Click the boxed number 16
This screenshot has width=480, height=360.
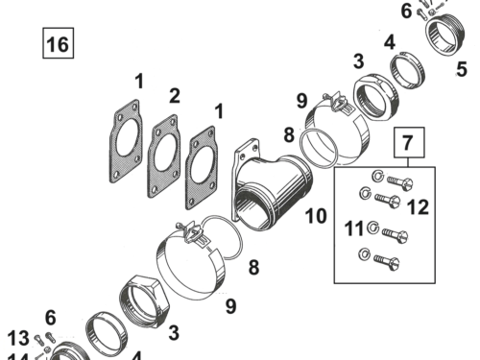(57, 44)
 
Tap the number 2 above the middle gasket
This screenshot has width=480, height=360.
(174, 95)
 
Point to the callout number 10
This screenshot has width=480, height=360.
(316, 216)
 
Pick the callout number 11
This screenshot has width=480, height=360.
(353, 229)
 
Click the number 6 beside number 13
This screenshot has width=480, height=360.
(50, 318)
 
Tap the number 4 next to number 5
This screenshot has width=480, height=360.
(389, 42)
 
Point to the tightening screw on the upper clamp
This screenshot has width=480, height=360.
(331, 99)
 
